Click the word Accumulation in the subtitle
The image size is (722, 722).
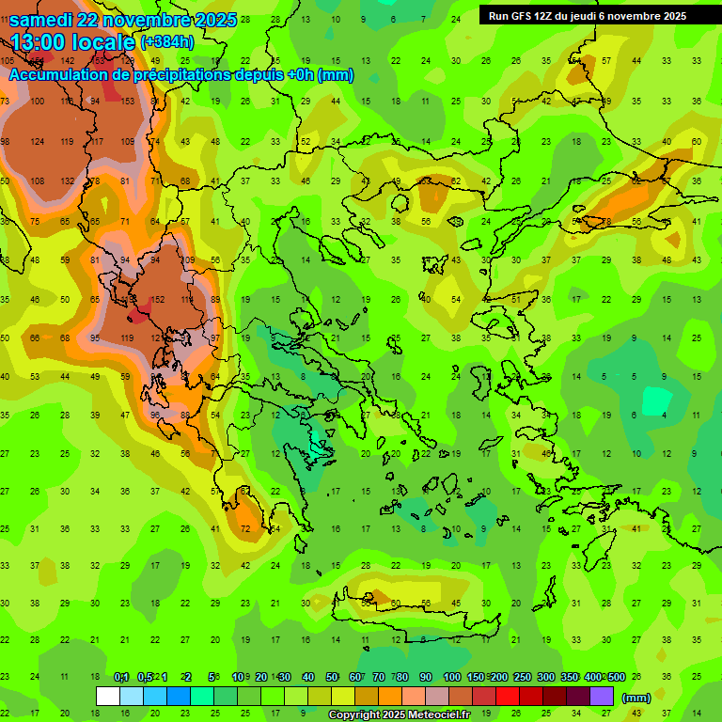[x=56, y=75]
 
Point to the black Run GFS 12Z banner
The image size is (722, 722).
[x=587, y=15]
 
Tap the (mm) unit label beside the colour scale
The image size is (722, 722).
[x=636, y=698]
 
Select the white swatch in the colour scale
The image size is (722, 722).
[x=108, y=697]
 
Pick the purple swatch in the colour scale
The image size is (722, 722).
[x=602, y=697]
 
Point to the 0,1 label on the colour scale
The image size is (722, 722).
[x=122, y=678]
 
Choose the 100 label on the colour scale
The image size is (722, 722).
[x=452, y=678]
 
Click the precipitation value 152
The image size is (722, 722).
[x=158, y=299]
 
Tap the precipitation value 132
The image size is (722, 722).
[x=68, y=180]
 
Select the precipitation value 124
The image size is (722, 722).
[x=38, y=141]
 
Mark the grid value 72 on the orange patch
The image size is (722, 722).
[x=246, y=529]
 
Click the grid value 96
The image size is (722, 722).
[x=156, y=415]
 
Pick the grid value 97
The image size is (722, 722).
[x=215, y=337]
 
